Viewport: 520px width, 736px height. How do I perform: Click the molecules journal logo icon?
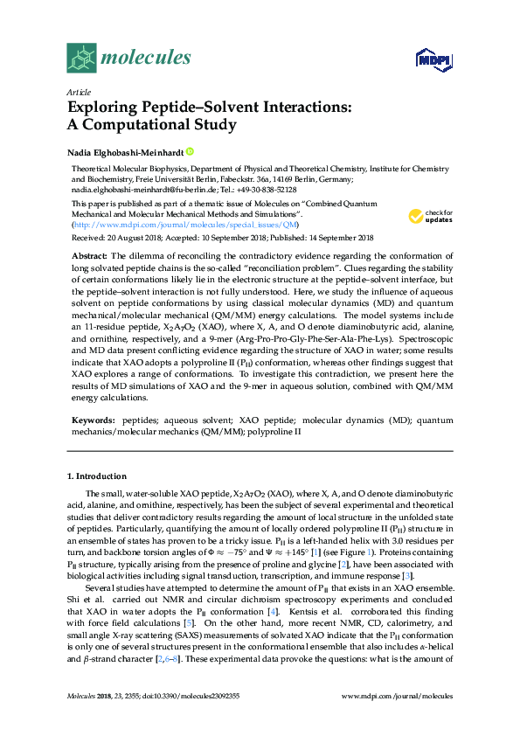[x=81, y=58]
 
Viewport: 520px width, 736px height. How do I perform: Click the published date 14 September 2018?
[x=340, y=237]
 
